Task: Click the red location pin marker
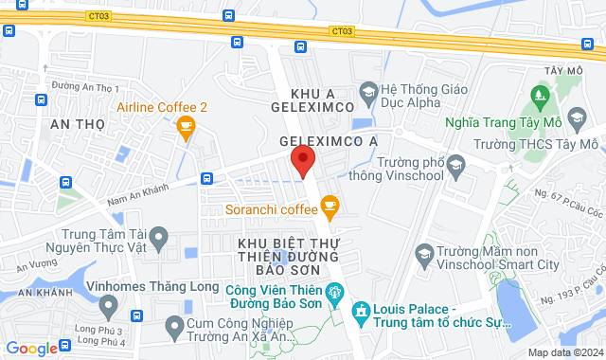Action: click(302, 159)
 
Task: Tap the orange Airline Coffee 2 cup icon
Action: click(186, 126)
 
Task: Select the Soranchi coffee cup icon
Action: click(330, 204)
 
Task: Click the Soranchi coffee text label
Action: click(270, 208)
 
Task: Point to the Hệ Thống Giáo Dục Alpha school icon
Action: click(365, 93)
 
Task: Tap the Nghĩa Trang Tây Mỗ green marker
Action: click(540, 94)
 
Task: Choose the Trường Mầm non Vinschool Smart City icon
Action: click(426, 254)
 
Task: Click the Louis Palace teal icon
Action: click(360, 310)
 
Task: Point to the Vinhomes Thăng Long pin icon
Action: click(110, 305)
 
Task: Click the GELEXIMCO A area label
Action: click(328, 140)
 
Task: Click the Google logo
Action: click(30, 348)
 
